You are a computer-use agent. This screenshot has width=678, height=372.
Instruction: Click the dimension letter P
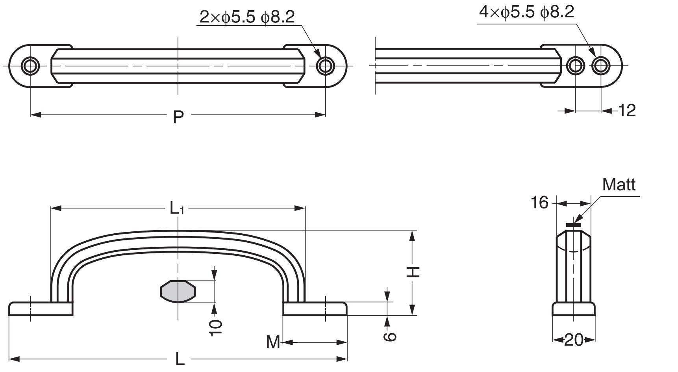point(178,117)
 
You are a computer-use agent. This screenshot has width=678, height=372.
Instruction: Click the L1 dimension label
point(177,208)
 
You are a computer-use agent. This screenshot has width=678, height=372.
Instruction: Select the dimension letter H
point(413,272)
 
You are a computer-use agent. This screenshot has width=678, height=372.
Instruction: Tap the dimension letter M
point(273,342)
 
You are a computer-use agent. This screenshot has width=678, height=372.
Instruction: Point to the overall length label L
point(179,359)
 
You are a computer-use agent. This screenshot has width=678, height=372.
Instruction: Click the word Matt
point(619,184)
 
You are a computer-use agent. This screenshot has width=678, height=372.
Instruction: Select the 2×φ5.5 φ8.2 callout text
point(247,17)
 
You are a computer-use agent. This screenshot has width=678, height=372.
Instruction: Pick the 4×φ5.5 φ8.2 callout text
point(526,12)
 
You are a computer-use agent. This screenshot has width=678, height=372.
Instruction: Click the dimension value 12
point(627,111)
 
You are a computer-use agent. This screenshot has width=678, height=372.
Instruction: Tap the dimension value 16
point(539,203)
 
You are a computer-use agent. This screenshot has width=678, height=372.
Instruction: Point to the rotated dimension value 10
point(216,327)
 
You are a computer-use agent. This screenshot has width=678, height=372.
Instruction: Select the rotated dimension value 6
point(389,336)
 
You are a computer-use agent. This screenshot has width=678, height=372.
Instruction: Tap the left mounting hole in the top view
point(30,65)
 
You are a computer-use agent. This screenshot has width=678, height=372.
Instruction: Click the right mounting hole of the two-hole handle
point(325,65)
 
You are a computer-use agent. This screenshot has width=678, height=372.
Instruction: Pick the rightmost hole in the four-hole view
point(600,65)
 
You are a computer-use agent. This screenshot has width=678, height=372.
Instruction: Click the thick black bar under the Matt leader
point(574,225)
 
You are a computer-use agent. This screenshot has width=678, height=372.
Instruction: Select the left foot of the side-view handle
point(41,309)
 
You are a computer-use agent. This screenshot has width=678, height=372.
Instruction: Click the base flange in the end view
point(573,309)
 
